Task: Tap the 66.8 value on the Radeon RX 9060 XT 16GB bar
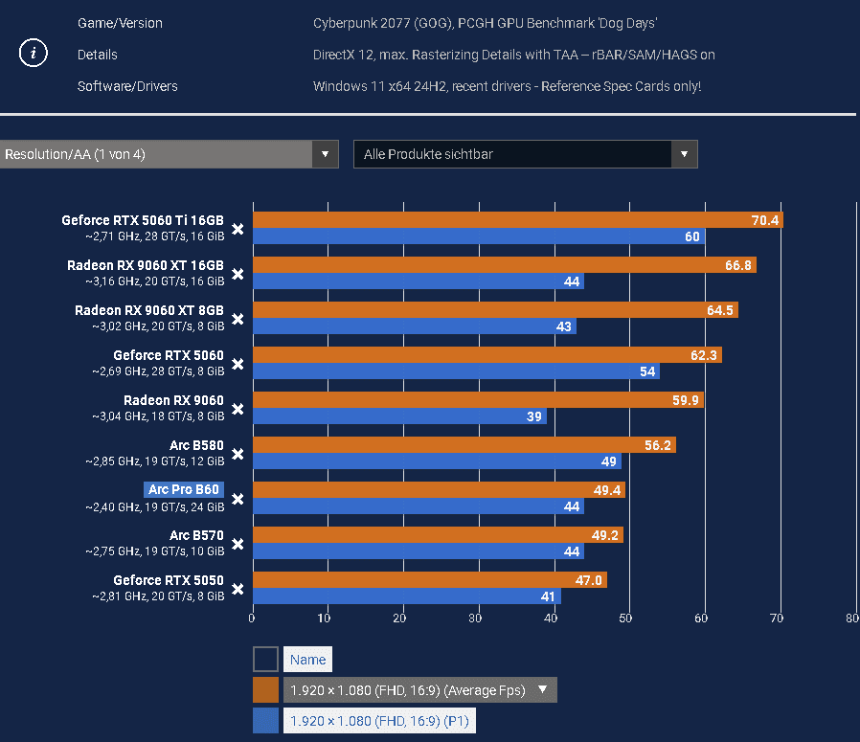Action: (737, 265)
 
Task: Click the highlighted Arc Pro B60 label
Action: (184, 489)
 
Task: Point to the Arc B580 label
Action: (196, 445)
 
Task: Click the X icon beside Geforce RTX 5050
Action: (238, 589)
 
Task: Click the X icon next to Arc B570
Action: (238, 544)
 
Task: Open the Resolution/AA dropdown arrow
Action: (326, 154)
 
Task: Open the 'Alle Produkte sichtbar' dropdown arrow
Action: (684, 154)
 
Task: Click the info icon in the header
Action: (34, 54)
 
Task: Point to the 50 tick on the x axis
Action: (626, 618)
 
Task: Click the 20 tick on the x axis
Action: (402, 618)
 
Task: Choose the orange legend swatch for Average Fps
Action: (265, 690)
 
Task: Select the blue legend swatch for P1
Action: (265, 721)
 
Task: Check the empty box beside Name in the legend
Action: (265, 660)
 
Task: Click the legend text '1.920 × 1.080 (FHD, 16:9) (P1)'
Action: (379, 721)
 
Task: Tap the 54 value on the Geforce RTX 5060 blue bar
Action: (646, 371)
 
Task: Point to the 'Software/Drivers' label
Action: (127, 86)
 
